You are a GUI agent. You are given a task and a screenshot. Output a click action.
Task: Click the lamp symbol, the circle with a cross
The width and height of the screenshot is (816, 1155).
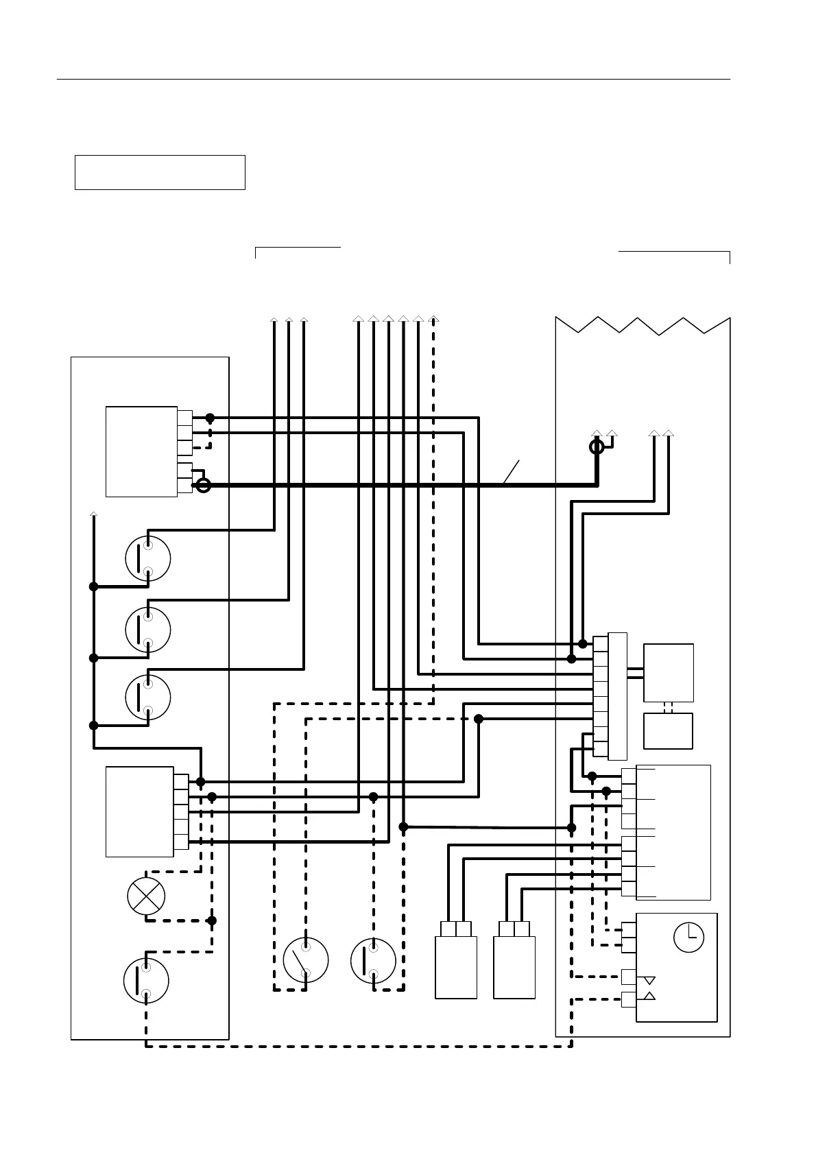pos(147,896)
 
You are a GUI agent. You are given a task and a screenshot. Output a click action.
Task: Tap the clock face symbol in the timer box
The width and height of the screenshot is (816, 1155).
pos(688,938)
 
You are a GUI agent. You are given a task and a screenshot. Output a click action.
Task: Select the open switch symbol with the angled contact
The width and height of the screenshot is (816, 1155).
pos(305,960)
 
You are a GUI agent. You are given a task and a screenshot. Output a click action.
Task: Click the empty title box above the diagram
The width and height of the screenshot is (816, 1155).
pos(160,172)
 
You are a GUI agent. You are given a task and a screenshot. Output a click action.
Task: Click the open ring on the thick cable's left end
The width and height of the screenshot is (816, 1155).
pos(203,486)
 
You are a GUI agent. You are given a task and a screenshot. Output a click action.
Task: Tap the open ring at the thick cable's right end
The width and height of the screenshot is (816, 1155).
pos(597,447)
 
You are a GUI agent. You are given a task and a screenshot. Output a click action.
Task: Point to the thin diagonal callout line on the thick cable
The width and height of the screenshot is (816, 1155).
pos(511,472)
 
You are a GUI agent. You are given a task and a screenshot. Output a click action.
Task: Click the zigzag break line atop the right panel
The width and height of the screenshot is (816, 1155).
pos(643,326)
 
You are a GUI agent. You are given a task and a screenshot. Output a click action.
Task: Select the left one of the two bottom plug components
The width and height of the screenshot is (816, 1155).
pos(456,960)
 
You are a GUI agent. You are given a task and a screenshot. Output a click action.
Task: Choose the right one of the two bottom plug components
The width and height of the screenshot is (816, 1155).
pos(514,960)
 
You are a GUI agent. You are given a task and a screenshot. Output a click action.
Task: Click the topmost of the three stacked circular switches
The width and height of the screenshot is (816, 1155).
pos(148,558)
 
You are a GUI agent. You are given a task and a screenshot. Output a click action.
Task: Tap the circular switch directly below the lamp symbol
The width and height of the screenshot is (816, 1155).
pos(146,981)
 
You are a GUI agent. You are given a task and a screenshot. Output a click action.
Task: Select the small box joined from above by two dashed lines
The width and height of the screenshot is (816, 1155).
pos(668,731)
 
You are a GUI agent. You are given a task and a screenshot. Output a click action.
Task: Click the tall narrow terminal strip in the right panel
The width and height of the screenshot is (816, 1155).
pos(617,695)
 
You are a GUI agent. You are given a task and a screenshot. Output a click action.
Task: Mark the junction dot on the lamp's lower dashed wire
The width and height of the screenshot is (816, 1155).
pos(212,920)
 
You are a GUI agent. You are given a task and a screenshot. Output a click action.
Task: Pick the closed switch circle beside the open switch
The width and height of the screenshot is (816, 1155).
pos(373,960)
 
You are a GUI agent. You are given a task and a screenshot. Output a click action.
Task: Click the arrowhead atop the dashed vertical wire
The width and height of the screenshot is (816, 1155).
pos(433,319)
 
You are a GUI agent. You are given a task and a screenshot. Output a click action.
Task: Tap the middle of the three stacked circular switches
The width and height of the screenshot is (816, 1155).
pos(148,629)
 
